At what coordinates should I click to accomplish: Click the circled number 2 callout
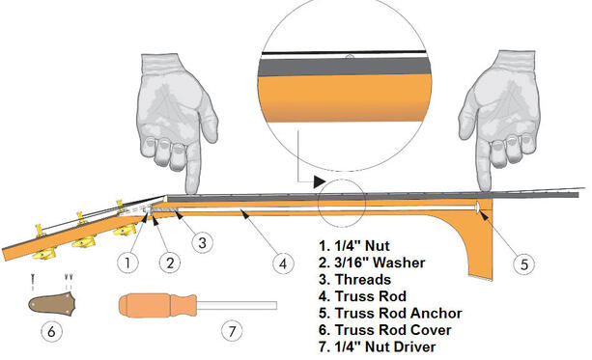pyautogui.click(x=167, y=261)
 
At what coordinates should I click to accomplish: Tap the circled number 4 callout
pyautogui.click(x=282, y=261)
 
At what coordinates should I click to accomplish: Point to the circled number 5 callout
pyautogui.click(x=521, y=262)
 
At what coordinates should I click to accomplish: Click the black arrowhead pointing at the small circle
pyautogui.click(x=318, y=181)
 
